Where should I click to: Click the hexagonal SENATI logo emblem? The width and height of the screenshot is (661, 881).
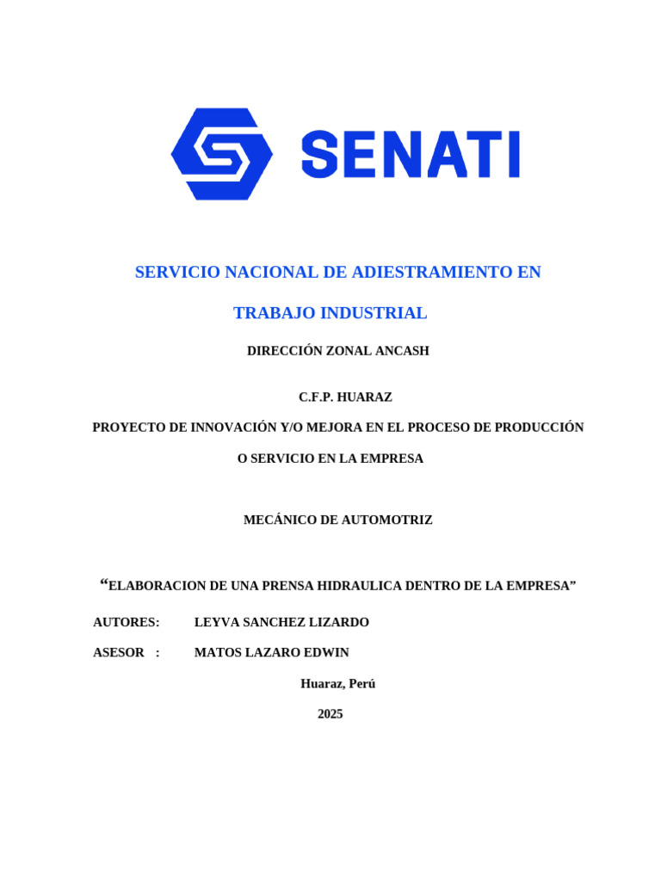pos(222,154)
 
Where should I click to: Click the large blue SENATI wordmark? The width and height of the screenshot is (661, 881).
pos(411,155)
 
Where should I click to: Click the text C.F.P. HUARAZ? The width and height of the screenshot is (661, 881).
pos(345,397)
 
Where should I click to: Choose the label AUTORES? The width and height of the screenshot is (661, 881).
pos(127,622)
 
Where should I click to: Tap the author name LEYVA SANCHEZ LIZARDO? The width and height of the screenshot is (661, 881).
pos(281,622)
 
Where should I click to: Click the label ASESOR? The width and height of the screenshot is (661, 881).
pos(119,652)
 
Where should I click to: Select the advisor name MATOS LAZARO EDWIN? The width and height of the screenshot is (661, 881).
pos(271,652)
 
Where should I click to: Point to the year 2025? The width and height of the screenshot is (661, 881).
pos(330,714)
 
